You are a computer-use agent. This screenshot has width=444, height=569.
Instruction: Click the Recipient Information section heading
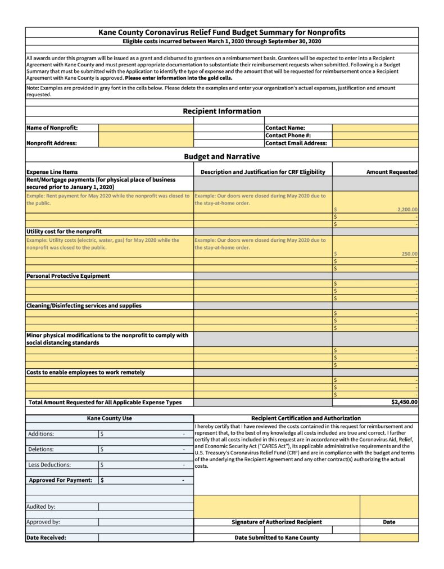pos(221,111)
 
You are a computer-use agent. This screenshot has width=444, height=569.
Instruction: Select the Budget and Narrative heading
pos(221,157)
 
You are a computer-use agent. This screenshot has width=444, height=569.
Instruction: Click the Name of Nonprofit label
pos(52,128)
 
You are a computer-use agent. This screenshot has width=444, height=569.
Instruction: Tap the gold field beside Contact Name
pos(375,128)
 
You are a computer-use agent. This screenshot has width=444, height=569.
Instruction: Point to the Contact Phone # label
pos(288,136)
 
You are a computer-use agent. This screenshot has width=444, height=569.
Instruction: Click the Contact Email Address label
pos(296,143)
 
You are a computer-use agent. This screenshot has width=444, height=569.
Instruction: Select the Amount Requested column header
pos(392,172)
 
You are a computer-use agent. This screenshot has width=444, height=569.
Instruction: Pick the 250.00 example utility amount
pos(409,254)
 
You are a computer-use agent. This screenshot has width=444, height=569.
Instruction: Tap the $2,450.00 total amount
pos(404,402)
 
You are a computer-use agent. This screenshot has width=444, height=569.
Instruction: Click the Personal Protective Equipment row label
pos(68,276)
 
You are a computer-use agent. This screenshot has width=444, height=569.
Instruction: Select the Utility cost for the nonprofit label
pos(64,232)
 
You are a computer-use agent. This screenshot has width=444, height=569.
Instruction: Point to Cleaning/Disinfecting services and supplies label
pos(84,306)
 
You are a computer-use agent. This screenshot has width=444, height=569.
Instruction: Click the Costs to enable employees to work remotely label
pos(85,372)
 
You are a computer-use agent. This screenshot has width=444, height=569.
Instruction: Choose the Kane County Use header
pos(109,418)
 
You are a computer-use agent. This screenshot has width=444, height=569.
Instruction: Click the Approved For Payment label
pos(60,480)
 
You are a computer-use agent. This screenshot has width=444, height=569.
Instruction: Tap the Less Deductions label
pos(49,465)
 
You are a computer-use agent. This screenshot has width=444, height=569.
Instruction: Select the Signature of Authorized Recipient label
pos(277,522)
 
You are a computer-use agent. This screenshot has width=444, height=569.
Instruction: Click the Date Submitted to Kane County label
pos(277,538)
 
